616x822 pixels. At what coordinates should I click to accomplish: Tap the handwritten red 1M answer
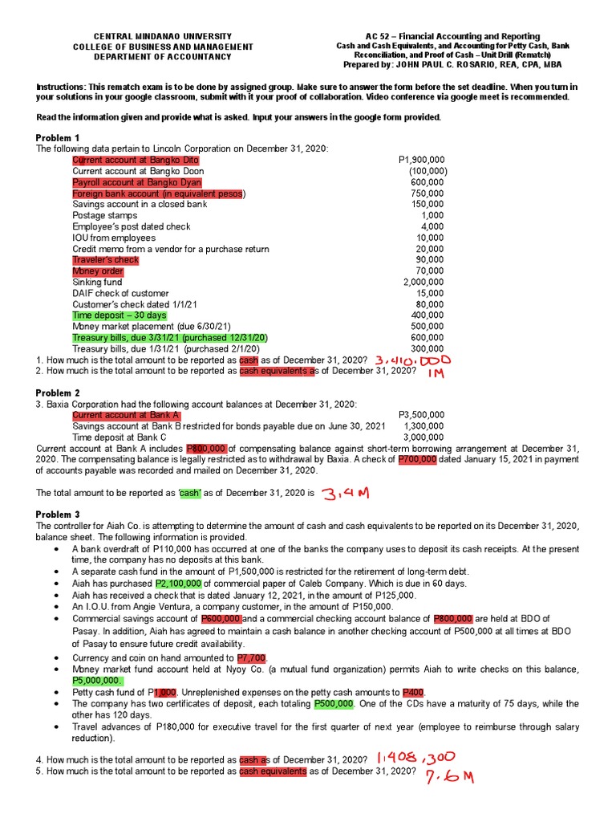pyautogui.click(x=436, y=373)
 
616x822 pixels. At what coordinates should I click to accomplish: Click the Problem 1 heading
pyautogui.click(x=58, y=137)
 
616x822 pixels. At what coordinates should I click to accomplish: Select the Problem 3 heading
pyautogui.click(x=58, y=514)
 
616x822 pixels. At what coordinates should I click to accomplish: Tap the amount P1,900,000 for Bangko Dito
pyautogui.click(x=423, y=160)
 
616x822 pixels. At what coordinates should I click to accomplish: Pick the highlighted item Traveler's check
pyautogui.click(x=105, y=260)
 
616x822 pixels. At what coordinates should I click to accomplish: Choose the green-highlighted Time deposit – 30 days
pyautogui.click(x=120, y=315)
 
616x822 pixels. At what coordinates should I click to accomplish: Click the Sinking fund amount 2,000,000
pyautogui.click(x=423, y=283)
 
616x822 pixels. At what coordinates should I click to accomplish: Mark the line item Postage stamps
pyautogui.click(x=104, y=215)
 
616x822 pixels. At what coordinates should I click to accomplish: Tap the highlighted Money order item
pyautogui.click(x=98, y=271)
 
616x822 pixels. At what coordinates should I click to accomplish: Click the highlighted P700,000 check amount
pyautogui.click(x=417, y=459)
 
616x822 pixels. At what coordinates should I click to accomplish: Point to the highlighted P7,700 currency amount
pyautogui.click(x=251, y=657)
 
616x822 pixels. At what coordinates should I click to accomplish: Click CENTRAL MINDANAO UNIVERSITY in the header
pyautogui.click(x=163, y=37)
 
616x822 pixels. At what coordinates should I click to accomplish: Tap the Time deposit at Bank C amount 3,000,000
pyautogui.click(x=423, y=437)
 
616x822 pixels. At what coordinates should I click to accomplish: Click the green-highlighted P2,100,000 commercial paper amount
pyautogui.click(x=179, y=584)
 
